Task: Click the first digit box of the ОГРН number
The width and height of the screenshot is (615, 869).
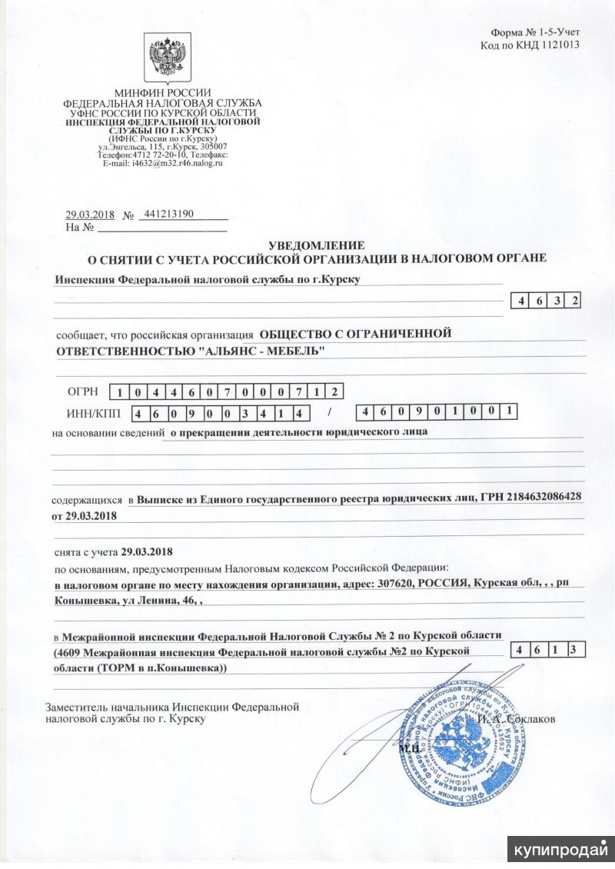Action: tap(118, 393)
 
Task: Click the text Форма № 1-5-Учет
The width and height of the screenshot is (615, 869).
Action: tap(535, 32)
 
